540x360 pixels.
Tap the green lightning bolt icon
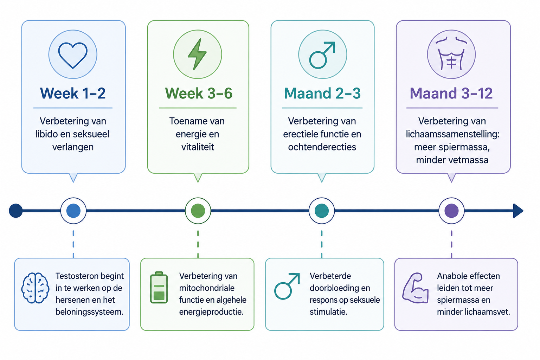point(197,54)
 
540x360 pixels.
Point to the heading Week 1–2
point(73,93)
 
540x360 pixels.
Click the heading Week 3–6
point(199,93)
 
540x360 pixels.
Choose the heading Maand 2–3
point(322,93)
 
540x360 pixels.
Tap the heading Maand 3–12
point(451,93)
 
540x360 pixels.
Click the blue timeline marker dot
point(73,211)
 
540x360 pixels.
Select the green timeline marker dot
point(198,211)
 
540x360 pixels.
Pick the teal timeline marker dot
point(322,211)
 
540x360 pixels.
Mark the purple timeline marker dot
point(451,211)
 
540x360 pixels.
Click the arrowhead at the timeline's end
point(518,211)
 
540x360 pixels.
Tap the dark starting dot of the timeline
point(16,211)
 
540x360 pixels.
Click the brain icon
point(35,288)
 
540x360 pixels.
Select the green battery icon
point(159,288)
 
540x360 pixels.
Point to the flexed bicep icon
point(415,288)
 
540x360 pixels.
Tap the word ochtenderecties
point(322,147)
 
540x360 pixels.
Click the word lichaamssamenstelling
point(452,134)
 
